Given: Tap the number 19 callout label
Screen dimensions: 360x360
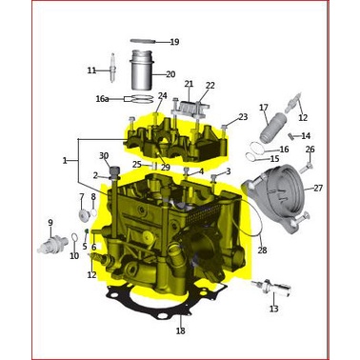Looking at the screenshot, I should pos(173,42).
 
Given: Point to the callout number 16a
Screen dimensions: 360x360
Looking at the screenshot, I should pos(102,98).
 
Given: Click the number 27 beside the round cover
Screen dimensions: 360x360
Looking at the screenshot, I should pos(318,188).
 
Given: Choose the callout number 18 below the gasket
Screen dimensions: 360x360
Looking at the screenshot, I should pos(180,330).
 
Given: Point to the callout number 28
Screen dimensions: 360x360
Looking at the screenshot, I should pos(262,250).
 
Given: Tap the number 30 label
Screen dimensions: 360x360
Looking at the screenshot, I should pos(104,155).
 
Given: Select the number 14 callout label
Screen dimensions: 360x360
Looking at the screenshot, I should pos(306,136).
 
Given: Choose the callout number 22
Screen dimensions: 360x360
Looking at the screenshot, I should pos(210,86).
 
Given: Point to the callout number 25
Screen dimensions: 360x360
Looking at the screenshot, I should pos(137,165).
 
